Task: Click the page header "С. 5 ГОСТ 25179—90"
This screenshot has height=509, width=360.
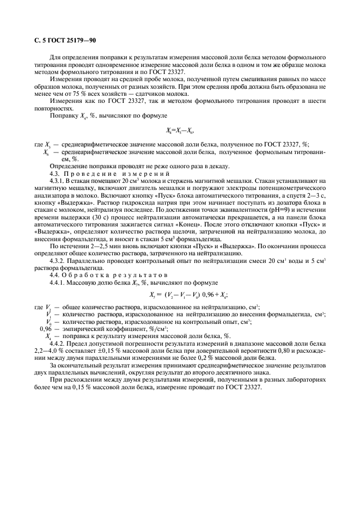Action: (62, 39)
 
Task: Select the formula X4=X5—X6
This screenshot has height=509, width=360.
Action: (179, 130)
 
